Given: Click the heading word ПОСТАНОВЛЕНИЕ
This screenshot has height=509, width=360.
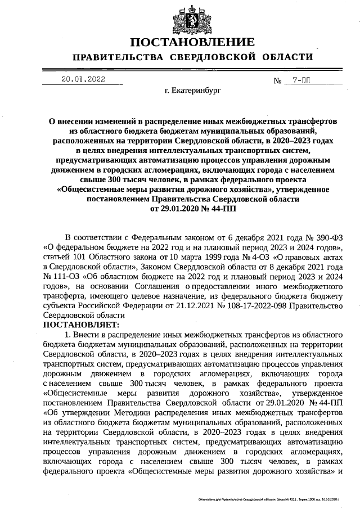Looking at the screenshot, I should coord(192,43).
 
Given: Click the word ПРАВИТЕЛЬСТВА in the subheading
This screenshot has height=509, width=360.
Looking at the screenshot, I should coord(118,57).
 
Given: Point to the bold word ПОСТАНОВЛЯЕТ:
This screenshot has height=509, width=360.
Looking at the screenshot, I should coord(81,325).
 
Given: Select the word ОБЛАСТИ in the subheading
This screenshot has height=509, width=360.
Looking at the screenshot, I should coord(287,57).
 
